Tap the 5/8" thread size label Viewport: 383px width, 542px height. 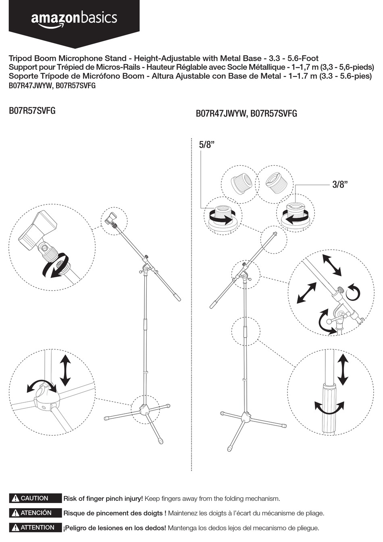coord(206,145)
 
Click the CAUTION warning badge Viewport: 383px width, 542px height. coord(35,498)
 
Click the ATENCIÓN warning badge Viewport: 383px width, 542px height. coord(35,513)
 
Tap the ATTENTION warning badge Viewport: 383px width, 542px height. coord(35,527)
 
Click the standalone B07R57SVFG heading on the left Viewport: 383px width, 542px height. coord(32,111)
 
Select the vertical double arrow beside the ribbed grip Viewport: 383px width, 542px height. coord(343,370)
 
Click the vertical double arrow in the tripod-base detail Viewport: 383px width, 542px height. coord(65,370)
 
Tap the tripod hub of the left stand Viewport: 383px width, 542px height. coord(144,410)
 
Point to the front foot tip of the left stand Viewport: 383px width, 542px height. coord(161,441)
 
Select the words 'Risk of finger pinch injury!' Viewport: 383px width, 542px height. coord(103,498)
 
